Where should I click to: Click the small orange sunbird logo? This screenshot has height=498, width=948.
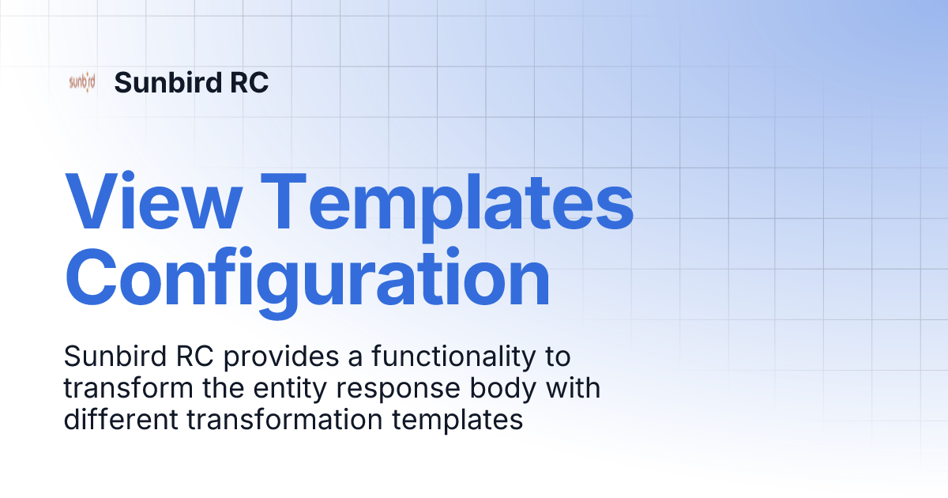point(82,82)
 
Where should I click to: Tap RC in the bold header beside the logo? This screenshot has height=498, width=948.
point(247,82)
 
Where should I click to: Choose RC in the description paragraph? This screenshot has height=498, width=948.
point(194,357)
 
